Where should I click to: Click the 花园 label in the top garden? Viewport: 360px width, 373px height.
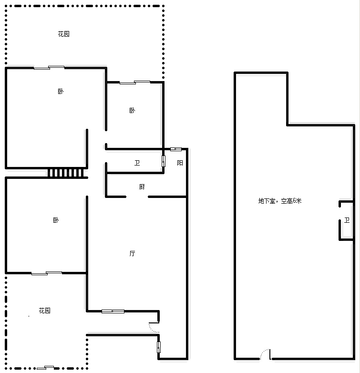[64, 34]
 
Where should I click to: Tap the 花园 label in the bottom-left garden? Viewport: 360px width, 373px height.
[45, 311]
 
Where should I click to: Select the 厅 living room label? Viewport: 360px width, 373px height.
[132, 254]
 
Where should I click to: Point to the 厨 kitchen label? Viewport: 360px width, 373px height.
[142, 186]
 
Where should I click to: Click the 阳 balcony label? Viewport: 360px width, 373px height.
[180, 163]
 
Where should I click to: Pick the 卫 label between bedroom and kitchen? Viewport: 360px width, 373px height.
[137, 163]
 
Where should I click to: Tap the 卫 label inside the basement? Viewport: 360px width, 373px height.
[347, 220]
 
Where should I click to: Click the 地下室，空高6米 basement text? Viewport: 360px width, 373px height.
[280, 201]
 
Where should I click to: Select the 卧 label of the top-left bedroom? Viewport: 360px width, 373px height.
[61, 92]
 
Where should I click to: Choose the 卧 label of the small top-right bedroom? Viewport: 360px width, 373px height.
[132, 110]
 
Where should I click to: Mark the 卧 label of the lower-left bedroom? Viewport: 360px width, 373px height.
[56, 220]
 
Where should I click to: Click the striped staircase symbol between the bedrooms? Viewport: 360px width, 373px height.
[66, 173]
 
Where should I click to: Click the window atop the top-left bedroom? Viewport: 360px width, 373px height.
[49, 68]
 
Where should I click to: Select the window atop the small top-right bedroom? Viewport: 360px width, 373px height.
[135, 83]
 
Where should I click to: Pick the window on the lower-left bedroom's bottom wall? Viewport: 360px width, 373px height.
[47, 273]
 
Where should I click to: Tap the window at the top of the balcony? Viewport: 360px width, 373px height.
[176, 149]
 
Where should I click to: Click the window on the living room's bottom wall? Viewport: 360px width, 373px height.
[113, 311]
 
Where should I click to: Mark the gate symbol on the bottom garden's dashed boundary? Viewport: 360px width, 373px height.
[45, 368]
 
